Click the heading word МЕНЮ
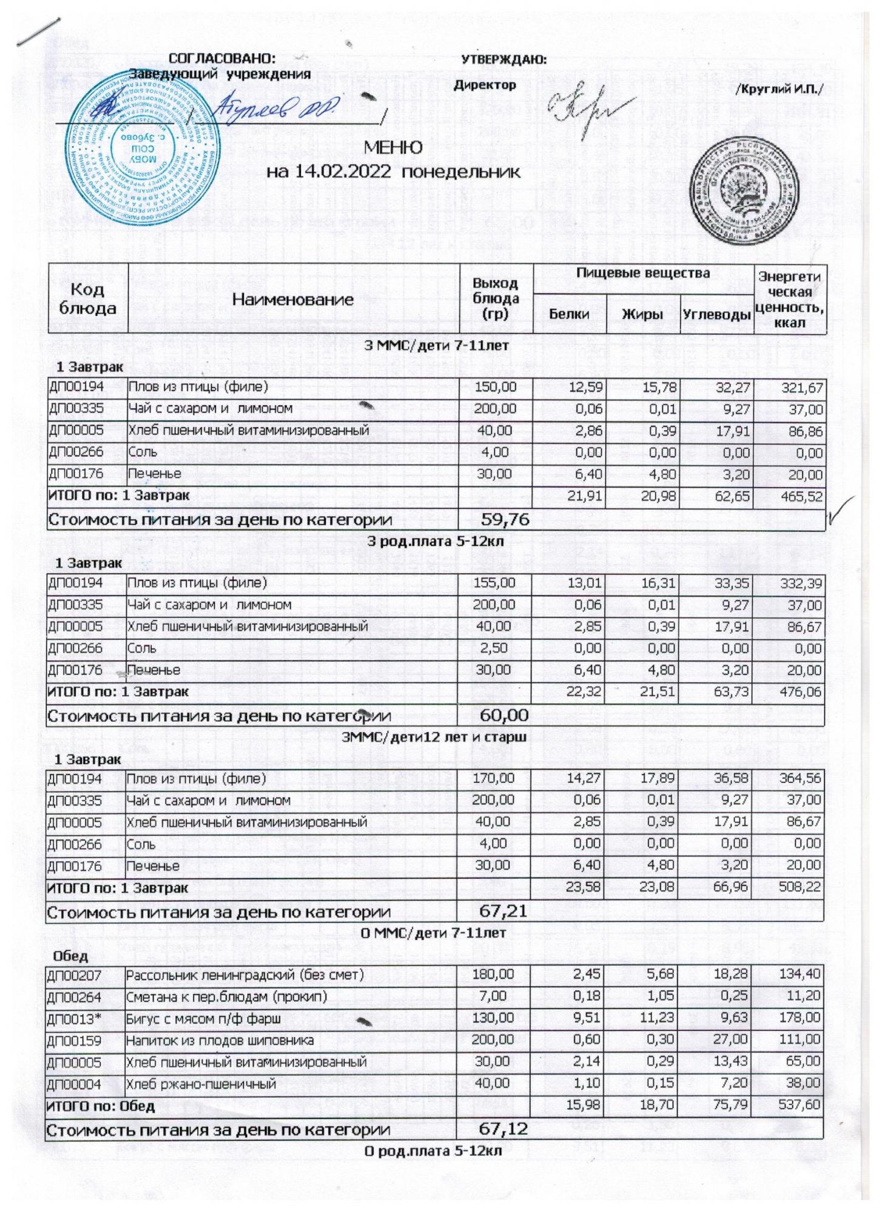click(393, 148)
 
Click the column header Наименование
click(293, 299)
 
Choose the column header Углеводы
click(716, 314)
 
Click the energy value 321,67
click(802, 387)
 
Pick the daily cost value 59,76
click(505, 519)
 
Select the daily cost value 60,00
click(504, 716)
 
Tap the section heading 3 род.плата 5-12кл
click(435, 542)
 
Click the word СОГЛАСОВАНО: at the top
click(222, 59)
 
